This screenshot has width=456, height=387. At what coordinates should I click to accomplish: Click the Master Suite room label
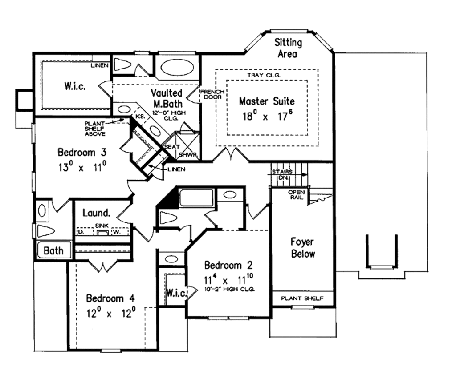pos(266,101)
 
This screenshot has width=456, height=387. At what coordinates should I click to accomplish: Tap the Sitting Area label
pos(288,48)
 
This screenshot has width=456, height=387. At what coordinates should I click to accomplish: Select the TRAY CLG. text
pos(264,76)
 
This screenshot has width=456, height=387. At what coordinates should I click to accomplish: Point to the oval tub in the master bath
pos(177,67)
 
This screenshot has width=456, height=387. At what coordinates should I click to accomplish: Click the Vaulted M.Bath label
pos(166,98)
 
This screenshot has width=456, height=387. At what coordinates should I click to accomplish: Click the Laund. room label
pos(96,213)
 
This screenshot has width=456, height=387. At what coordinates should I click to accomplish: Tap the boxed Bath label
pos(53,250)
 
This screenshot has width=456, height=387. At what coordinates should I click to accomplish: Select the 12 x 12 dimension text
pos(110,313)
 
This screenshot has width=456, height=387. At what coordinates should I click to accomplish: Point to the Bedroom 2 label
pos(228,266)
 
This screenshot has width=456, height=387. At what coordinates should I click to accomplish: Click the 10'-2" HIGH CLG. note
pos(229,290)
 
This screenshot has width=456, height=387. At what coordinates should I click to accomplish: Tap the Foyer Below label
pos(303,248)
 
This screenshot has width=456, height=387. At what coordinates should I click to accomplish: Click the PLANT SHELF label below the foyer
pos(302,298)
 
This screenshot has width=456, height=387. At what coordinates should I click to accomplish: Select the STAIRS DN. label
pos(281,175)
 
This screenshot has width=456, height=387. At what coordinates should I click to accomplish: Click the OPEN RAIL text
pos(297,194)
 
